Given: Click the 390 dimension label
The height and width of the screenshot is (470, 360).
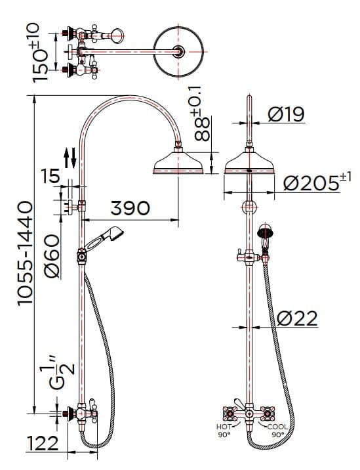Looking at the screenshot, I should [x=129, y=208].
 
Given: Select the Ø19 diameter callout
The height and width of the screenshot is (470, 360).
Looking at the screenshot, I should [x=287, y=114].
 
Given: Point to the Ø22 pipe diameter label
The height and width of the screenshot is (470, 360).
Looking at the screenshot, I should [x=296, y=319].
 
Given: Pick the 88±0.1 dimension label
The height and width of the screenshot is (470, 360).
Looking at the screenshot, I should [x=203, y=118].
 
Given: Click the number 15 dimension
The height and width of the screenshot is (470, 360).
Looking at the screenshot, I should [x=50, y=175].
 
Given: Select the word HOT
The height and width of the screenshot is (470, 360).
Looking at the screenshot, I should [x=223, y=427].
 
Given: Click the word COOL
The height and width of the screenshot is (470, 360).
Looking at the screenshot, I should [x=277, y=427].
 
